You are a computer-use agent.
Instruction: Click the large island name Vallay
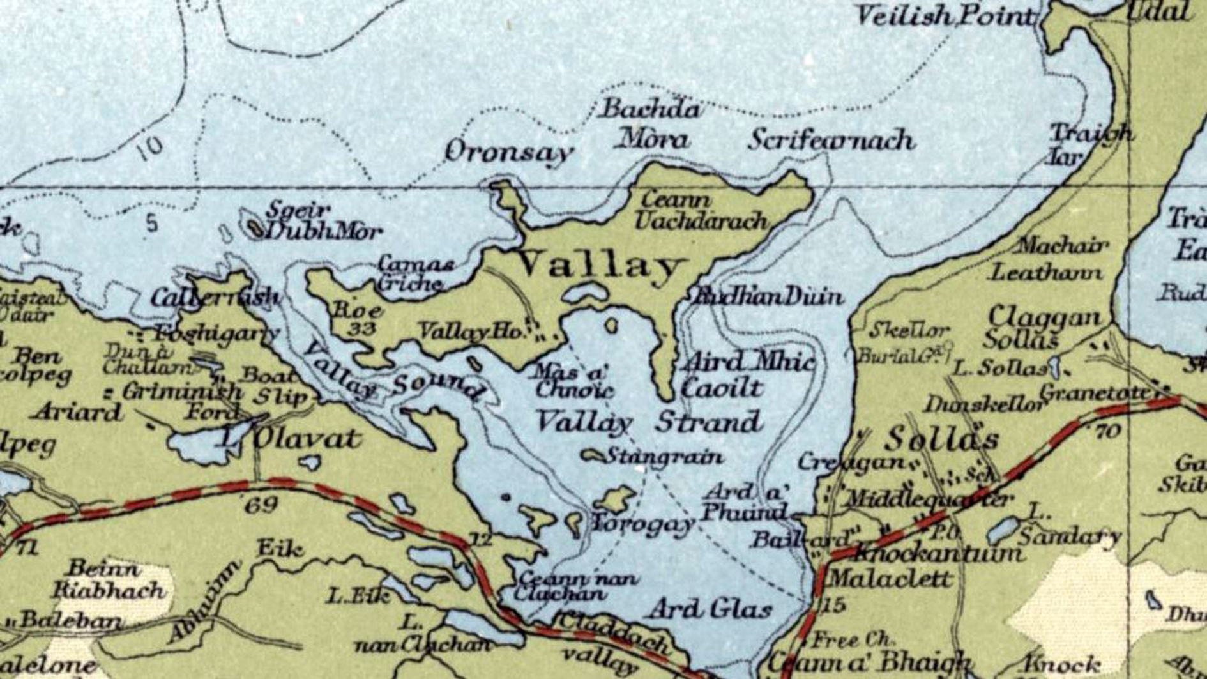click(600, 264)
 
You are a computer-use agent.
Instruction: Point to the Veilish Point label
click(944, 17)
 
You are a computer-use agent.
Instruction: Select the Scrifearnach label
click(831, 140)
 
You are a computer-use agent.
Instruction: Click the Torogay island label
click(642, 524)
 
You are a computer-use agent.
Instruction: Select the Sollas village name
click(942, 439)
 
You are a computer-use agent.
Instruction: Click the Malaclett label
click(890, 579)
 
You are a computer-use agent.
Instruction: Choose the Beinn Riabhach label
click(109, 579)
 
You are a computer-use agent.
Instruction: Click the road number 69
click(261, 506)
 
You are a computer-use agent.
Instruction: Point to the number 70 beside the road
click(1108, 432)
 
